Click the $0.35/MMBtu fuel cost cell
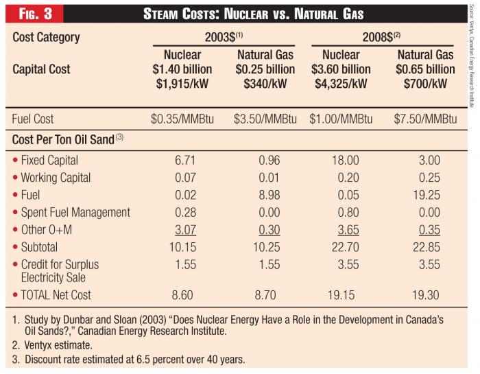182,119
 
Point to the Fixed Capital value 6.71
182,161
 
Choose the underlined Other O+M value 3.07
182,230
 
